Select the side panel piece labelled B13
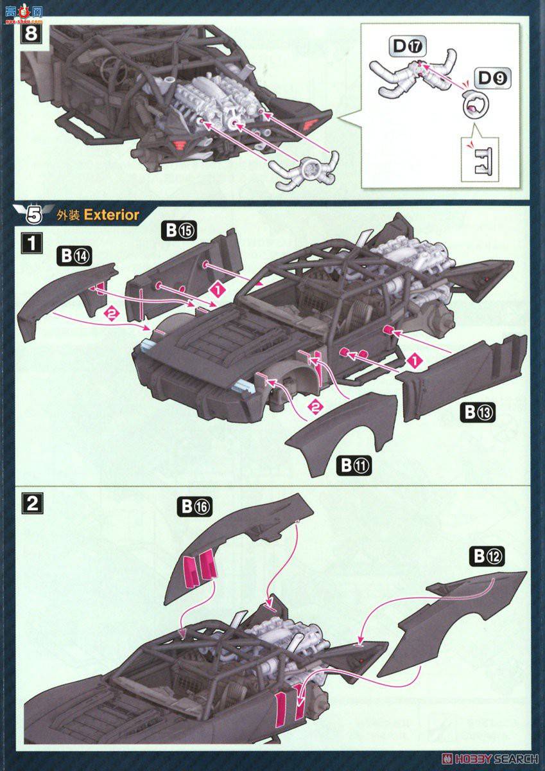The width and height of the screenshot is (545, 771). pos(462,373)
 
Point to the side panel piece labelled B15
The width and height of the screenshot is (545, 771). pos(186,270)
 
